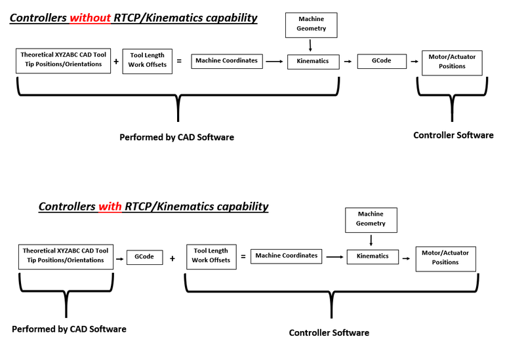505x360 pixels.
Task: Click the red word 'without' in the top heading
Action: (x=91, y=18)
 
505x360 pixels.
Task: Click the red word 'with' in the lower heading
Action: (x=110, y=207)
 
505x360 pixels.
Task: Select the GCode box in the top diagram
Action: (x=382, y=61)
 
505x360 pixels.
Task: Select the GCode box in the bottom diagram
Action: (x=144, y=257)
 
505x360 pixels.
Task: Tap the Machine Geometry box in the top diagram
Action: (x=311, y=24)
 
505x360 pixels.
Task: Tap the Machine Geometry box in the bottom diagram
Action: (x=371, y=219)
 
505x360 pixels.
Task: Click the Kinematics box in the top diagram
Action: (x=313, y=62)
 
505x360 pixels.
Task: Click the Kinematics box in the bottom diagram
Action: (x=373, y=256)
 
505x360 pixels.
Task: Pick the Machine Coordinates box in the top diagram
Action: (x=228, y=62)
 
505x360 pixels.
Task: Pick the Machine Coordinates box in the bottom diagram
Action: (x=287, y=256)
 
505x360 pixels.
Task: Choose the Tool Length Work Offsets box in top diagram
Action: (x=147, y=60)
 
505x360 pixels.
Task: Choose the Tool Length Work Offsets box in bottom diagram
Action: (x=211, y=256)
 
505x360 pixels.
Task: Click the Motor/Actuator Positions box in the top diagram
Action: (x=452, y=62)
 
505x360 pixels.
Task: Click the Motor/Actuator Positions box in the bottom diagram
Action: (x=445, y=258)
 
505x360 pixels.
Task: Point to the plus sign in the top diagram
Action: (x=116, y=62)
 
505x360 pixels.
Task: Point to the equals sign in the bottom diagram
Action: (x=243, y=256)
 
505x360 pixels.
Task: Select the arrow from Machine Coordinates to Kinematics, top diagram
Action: (x=275, y=62)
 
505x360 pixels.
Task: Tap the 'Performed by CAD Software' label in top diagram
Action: (x=176, y=138)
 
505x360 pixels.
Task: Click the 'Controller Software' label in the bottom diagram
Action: (x=329, y=333)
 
